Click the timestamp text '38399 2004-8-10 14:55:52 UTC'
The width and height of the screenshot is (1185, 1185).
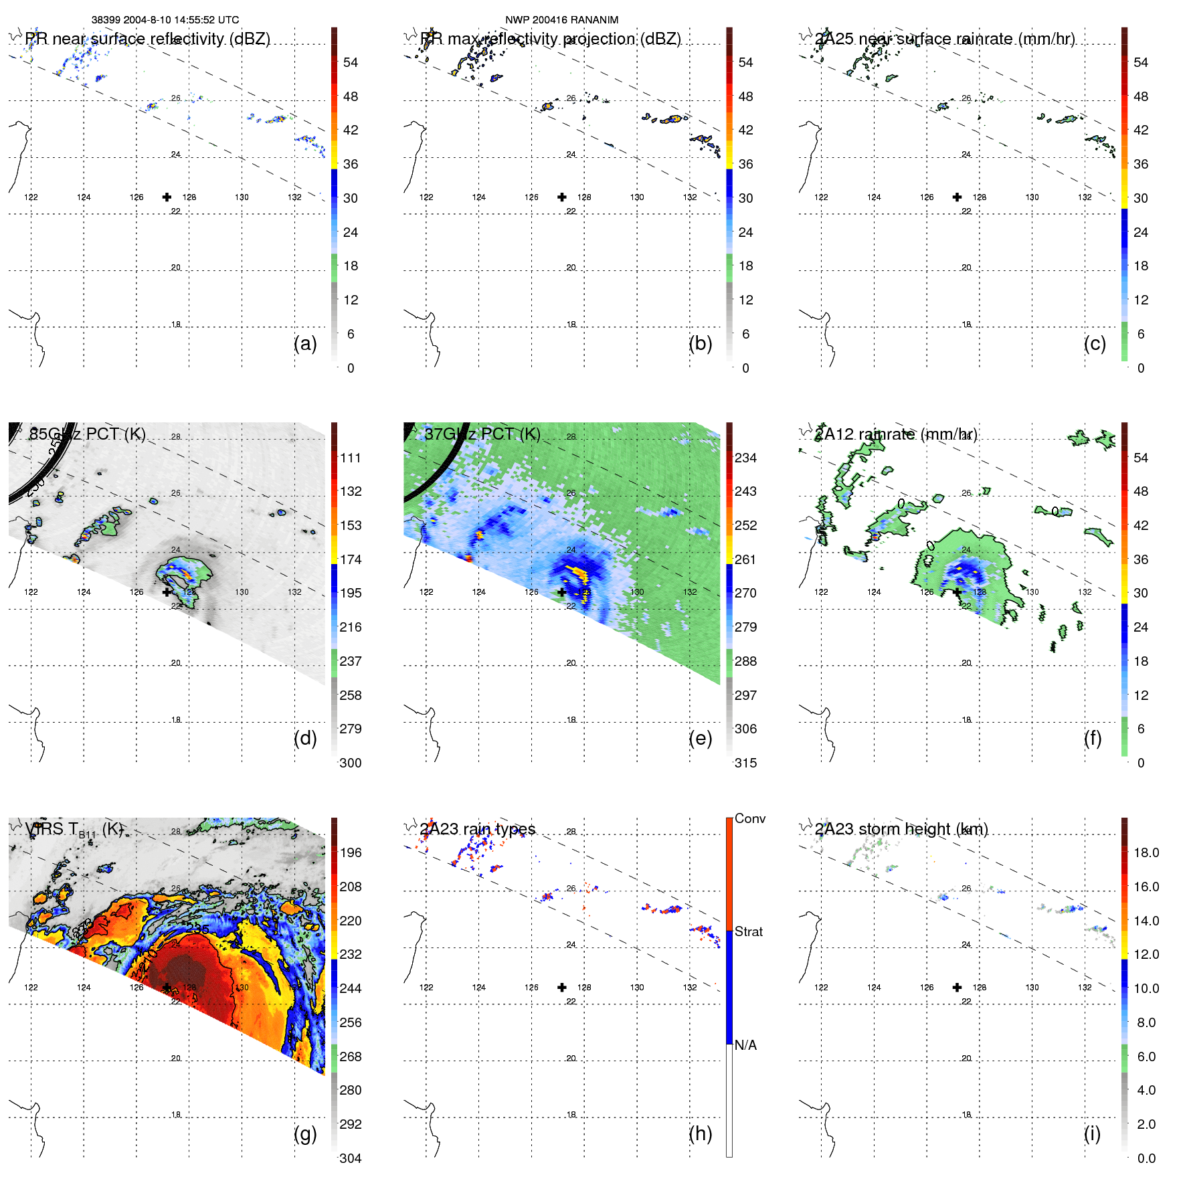(165, 20)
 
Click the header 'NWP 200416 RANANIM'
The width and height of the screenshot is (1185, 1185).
(561, 20)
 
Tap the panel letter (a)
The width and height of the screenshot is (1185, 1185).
(305, 343)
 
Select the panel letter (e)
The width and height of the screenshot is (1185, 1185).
(700, 738)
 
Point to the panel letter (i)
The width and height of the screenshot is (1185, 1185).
(1092, 1133)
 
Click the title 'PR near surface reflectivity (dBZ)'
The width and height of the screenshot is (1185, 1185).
(147, 39)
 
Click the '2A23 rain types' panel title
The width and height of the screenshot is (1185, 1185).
(478, 829)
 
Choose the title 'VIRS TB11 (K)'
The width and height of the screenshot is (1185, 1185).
(74, 830)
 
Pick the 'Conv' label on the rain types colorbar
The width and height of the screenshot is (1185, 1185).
(749, 818)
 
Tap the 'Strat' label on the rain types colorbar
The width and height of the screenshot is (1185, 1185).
(748, 931)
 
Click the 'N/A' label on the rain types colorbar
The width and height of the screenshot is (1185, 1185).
(745, 1045)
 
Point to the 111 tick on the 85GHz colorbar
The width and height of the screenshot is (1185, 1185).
(351, 458)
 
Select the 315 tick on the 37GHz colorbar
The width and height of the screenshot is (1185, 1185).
(745, 763)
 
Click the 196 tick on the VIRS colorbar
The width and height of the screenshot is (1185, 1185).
(351, 852)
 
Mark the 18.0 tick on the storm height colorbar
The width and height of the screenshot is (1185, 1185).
(1146, 852)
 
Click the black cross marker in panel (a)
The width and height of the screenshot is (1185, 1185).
(167, 197)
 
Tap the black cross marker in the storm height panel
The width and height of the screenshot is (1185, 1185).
(957, 987)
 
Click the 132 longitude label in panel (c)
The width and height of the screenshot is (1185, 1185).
(1085, 197)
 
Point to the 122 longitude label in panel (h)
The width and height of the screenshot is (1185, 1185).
(426, 988)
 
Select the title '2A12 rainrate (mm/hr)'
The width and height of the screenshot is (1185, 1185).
(896, 434)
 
